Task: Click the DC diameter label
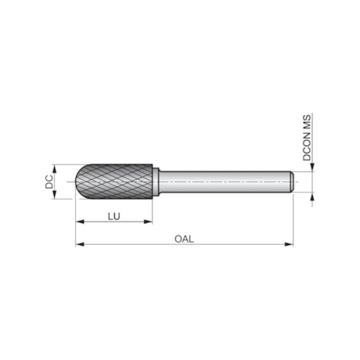point(49,182)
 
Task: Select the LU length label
point(114,215)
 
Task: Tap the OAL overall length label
point(184,239)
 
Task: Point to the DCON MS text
point(308,138)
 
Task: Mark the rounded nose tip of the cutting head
point(79,182)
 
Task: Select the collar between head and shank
point(157,182)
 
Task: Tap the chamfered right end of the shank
point(291,182)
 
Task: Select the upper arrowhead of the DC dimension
point(56,167)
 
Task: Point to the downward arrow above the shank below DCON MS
point(312,167)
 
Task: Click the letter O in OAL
point(176,239)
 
